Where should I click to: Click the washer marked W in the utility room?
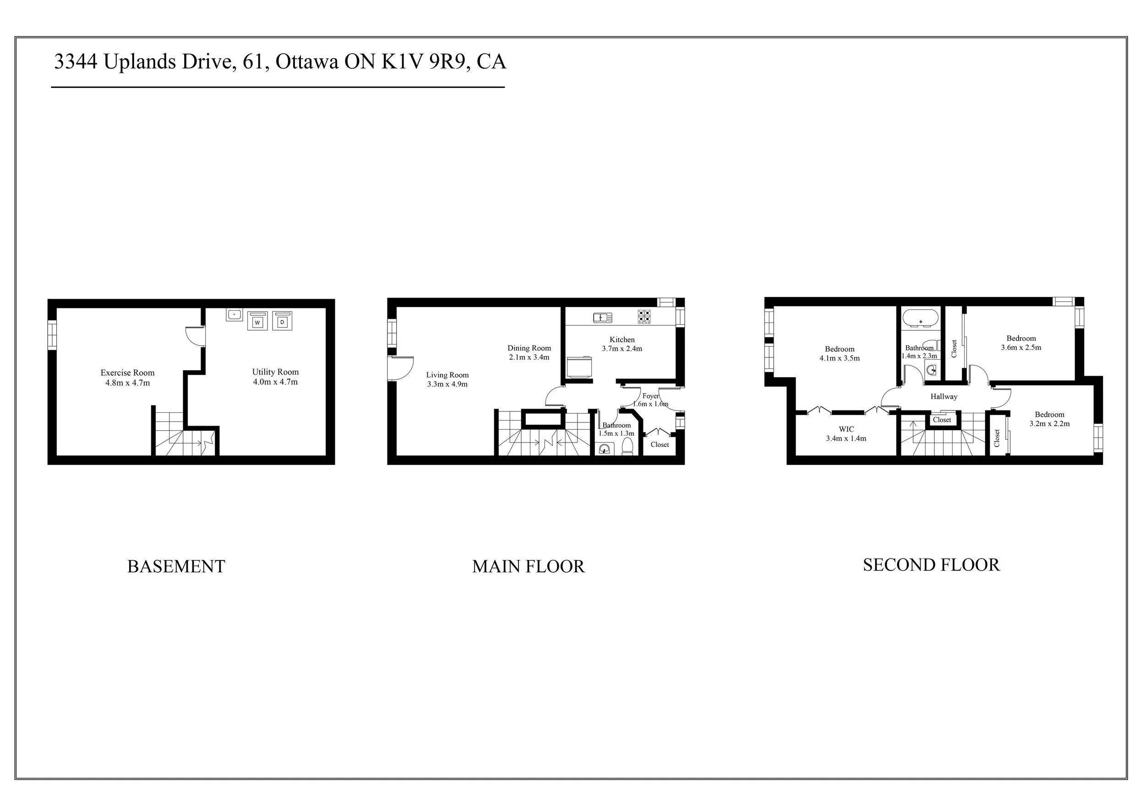[257, 321]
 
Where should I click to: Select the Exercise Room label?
[128, 372]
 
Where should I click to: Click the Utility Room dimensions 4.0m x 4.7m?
[275, 382]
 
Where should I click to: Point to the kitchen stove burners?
[644, 316]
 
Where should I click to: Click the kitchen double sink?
[602, 317]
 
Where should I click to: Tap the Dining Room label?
[529, 348]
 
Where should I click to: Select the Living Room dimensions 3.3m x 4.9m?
[447, 384]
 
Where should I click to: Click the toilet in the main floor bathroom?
[627, 446]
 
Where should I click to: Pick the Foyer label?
[651, 396]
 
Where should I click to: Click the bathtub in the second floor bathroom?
[920, 317]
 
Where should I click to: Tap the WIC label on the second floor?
[846, 429]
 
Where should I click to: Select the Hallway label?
[943, 396]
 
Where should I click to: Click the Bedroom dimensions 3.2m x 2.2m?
[1049, 424]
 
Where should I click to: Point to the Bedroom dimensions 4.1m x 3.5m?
[840, 358]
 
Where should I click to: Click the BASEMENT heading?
[176, 567]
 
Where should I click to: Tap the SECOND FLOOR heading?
[931, 565]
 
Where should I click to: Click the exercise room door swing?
[194, 336]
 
